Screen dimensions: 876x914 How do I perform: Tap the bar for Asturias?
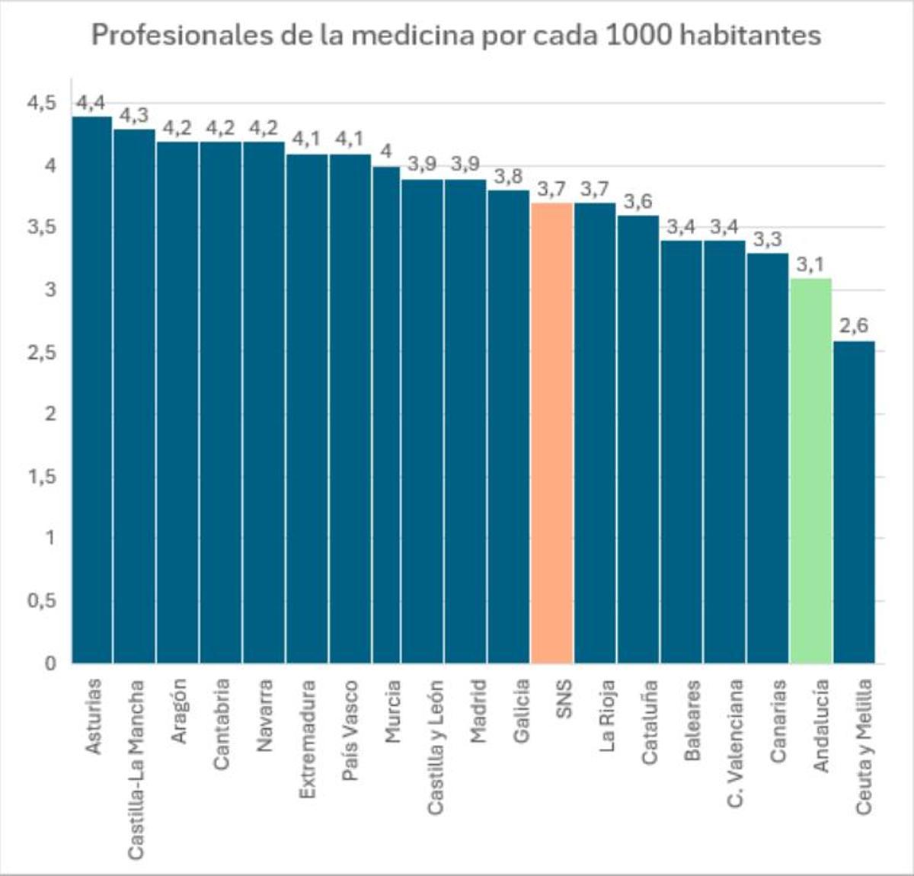click(x=91, y=388)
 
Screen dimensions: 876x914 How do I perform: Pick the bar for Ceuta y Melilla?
click(x=854, y=502)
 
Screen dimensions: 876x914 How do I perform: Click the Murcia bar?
click(x=386, y=414)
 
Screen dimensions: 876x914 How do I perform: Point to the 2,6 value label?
click(x=853, y=326)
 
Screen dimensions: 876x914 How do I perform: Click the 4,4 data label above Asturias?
click(x=91, y=103)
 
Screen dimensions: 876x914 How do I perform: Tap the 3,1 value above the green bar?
click(x=810, y=264)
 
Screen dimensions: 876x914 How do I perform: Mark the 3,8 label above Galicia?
click(x=508, y=177)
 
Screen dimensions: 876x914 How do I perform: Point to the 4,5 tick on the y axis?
click(x=42, y=103)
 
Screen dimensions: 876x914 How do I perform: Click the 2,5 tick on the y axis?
click(x=42, y=353)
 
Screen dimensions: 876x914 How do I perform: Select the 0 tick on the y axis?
click(x=50, y=663)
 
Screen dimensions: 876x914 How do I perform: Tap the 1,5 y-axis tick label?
click(x=42, y=477)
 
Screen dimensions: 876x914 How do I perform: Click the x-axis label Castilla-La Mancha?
click(x=135, y=769)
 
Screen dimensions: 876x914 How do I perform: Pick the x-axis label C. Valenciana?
click(x=735, y=743)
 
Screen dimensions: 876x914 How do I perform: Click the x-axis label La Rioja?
click(x=606, y=716)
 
